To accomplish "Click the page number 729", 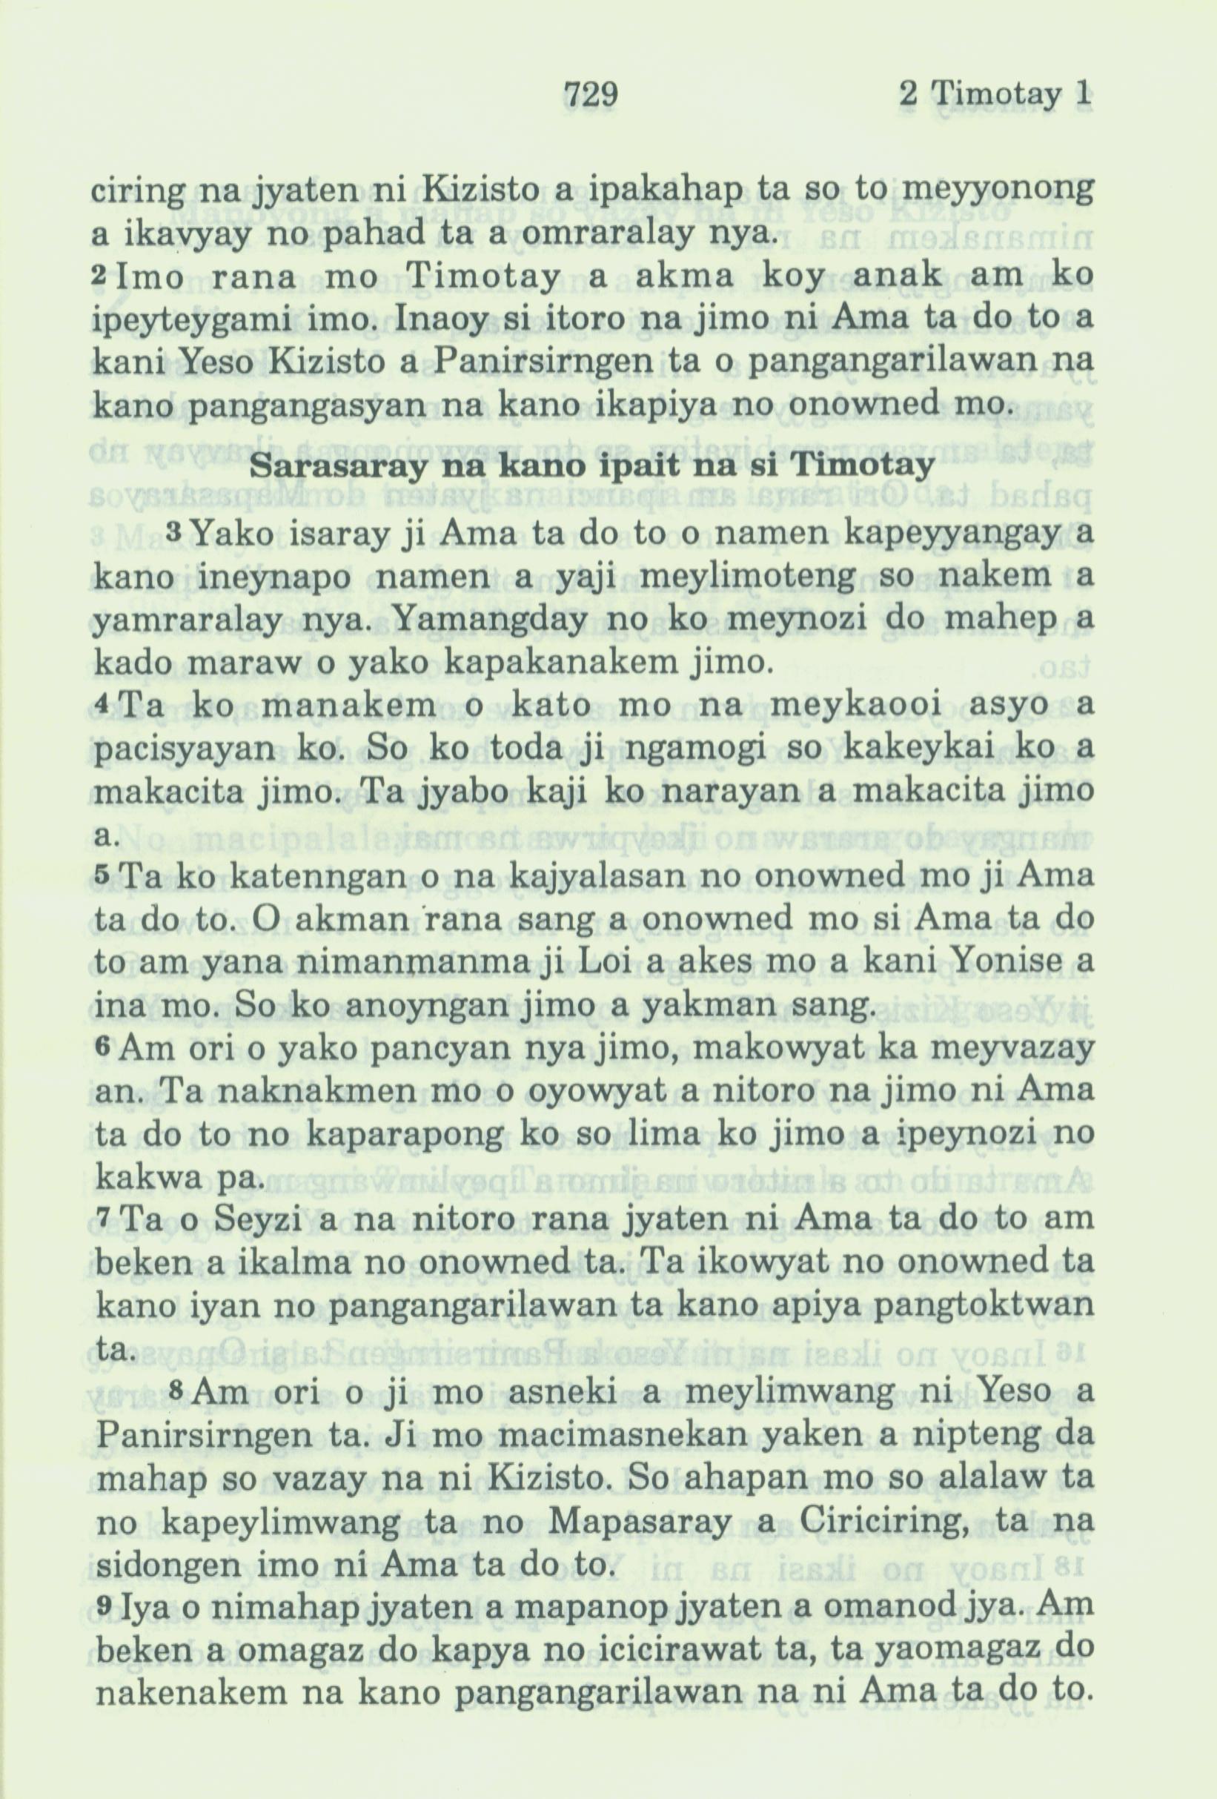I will [x=591, y=95].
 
